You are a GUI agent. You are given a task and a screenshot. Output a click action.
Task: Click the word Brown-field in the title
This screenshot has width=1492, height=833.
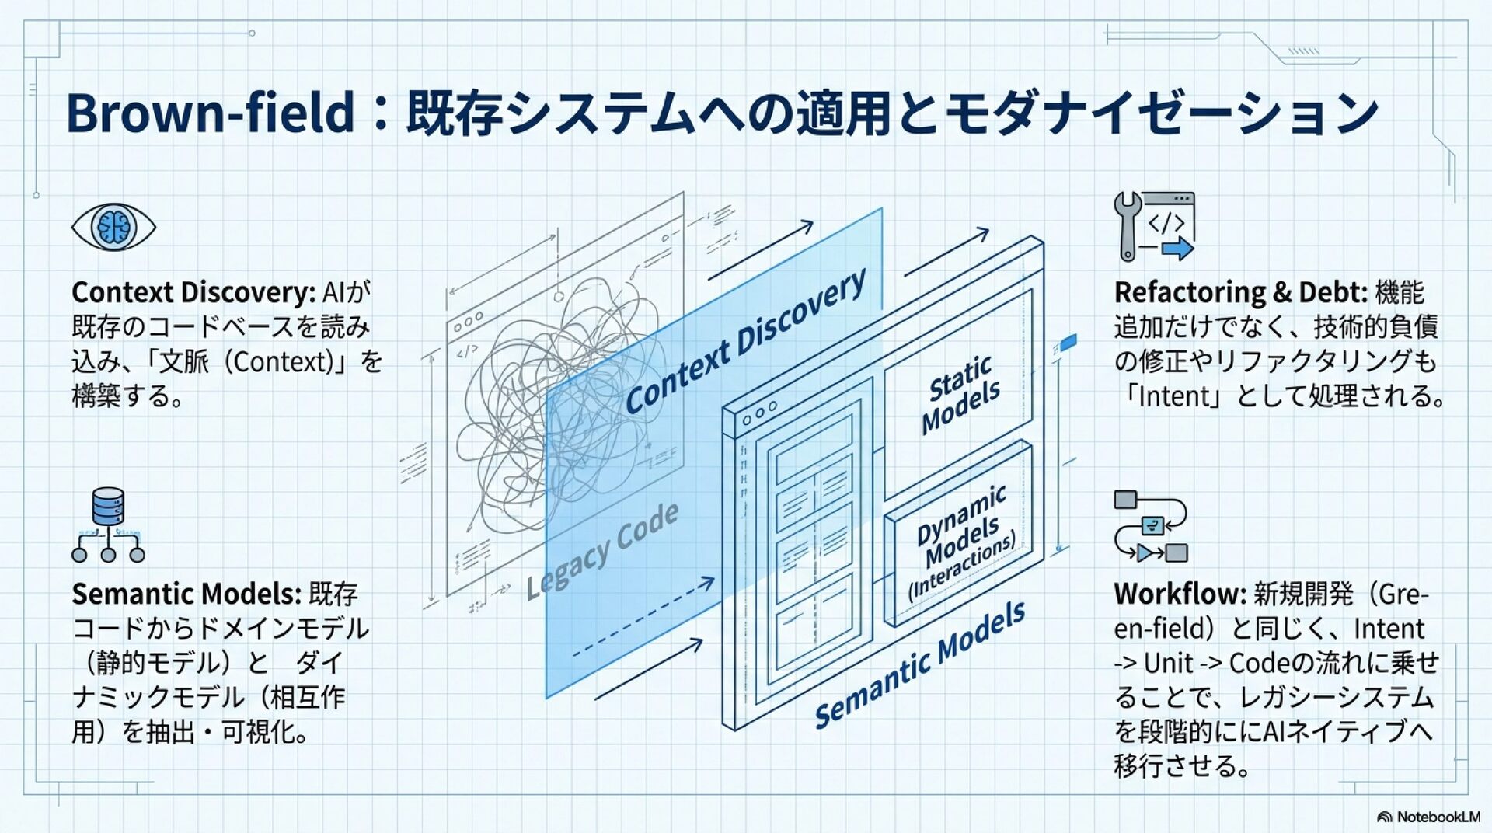[210, 113]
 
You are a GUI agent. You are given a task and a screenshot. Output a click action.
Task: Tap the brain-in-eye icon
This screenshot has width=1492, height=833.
[113, 227]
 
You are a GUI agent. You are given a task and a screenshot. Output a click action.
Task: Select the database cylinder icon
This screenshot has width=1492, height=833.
[108, 507]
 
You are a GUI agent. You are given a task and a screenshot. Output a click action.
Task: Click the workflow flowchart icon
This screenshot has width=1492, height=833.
[1151, 526]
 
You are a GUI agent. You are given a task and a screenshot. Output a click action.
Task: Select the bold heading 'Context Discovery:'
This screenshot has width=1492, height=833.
[193, 293]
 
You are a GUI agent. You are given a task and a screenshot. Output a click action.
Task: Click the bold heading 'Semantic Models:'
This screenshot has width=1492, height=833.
[186, 594]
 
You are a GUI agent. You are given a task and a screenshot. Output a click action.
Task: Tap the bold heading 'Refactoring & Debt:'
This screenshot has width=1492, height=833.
[1240, 293]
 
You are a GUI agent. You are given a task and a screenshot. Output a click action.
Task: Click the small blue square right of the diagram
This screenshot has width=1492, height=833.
[1068, 341]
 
